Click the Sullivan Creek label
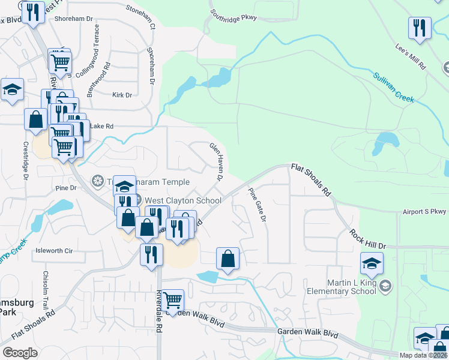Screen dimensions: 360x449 click(394, 87)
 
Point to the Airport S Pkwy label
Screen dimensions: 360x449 click(426, 212)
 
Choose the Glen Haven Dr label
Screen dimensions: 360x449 click(216, 161)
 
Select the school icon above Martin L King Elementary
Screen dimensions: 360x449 click(372, 263)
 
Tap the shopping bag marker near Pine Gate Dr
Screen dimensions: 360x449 click(228, 259)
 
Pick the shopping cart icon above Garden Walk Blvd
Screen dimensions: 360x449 click(172, 299)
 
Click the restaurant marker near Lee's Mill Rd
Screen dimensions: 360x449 click(420, 28)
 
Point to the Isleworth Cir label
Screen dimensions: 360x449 click(54, 250)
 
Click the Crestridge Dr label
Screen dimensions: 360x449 click(26, 161)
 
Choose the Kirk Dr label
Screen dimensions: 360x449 click(122, 95)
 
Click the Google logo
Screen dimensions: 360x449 click(20, 353)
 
